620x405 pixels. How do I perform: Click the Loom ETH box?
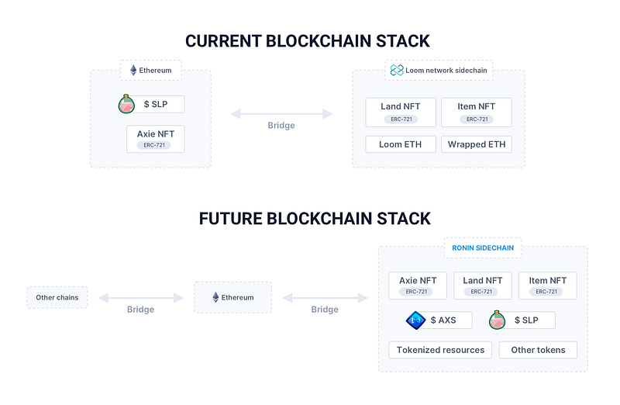click(401, 144)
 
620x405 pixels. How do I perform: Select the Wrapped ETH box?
click(477, 144)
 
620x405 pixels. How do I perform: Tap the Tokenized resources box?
click(440, 350)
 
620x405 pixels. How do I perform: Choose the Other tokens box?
click(538, 350)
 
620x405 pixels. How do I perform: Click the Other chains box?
click(57, 297)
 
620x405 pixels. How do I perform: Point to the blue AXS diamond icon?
click(415, 320)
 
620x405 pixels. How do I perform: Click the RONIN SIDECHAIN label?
click(483, 247)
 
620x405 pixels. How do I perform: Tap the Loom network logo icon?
click(397, 70)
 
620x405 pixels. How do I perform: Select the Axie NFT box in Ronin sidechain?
click(418, 285)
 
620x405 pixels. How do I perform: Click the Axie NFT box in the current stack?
click(156, 139)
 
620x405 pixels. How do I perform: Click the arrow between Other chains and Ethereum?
click(141, 298)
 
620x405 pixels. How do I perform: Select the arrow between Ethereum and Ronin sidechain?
click(325, 298)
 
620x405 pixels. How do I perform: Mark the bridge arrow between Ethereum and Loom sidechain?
click(281, 114)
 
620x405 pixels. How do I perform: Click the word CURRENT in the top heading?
click(223, 41)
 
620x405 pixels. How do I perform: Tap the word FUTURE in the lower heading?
click(230, 219)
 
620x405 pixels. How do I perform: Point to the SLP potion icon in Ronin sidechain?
click(497, 320)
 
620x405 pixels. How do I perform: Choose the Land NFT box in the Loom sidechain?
click(401, 112)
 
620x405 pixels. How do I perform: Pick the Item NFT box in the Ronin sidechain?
click(548, 285)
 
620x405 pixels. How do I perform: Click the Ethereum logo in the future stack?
click(215, 297)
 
